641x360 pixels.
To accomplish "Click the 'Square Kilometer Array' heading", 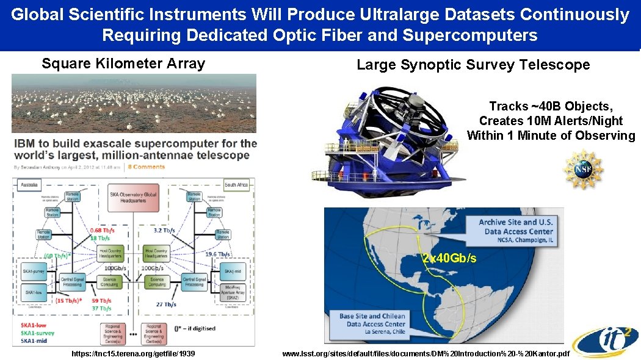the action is tap(123, 63).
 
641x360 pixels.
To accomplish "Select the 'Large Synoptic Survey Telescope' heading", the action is tap(473, 65).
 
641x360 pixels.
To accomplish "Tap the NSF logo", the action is tap(582, 169).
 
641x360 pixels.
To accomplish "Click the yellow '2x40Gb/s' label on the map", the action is tap(449, 258).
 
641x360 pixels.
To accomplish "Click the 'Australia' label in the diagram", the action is tap(27, 183).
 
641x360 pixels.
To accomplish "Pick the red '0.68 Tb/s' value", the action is tap(102, 230).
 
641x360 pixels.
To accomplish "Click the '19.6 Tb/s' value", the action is tap(218, 254).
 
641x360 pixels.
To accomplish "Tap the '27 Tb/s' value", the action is tap(165, 304).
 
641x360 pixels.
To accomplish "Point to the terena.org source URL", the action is tap(133, 353).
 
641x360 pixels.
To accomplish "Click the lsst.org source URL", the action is tap(426, 353).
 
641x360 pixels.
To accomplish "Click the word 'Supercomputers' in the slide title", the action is tap(470, 35).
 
